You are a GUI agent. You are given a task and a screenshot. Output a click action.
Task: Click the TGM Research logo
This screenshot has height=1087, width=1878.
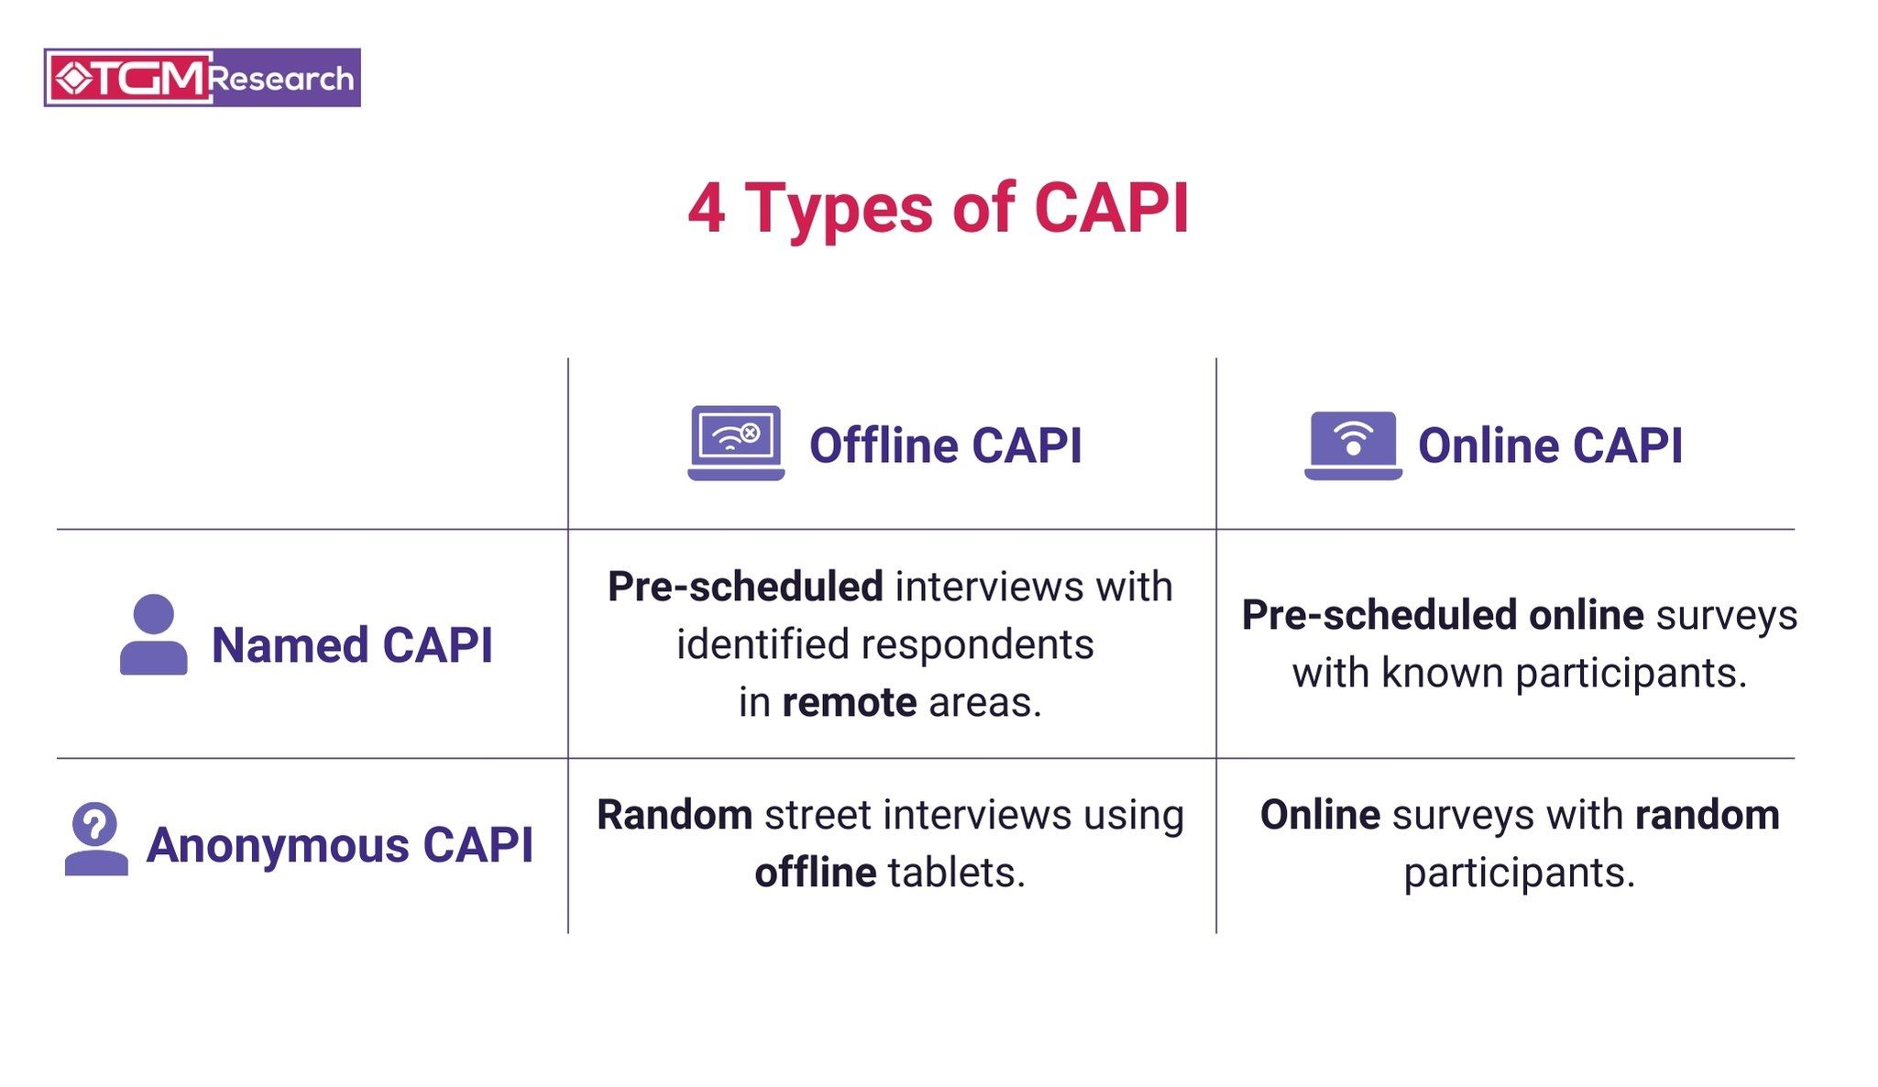(x=202, y=78)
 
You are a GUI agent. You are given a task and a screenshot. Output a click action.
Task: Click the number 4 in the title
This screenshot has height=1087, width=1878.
(x=707, y=209)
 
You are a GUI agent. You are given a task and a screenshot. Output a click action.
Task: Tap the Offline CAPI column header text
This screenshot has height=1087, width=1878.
(x=945, y=446)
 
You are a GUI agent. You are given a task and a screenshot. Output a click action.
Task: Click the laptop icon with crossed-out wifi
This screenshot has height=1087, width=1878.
(x=736, y=443)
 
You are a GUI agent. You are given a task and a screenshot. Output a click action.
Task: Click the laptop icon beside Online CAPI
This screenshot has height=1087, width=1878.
(x=1353, y=445)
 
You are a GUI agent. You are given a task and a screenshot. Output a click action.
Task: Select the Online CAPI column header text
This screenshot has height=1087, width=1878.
(x=1550, y=446)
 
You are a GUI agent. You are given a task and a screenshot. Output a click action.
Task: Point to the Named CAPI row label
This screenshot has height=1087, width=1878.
(x=352, y=645)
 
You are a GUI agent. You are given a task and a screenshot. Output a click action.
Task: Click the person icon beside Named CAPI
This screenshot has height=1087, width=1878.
(x=153, y=634)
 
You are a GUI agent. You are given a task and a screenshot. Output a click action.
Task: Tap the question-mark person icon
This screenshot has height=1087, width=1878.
(x=96, y=839)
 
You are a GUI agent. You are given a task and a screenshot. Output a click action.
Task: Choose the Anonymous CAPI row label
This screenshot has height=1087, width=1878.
(x=339, y=845)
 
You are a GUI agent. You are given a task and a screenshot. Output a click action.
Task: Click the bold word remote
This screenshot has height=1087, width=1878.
(x=849, y=703)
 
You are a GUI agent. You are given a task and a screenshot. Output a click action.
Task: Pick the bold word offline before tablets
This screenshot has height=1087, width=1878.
(x=815, y=873)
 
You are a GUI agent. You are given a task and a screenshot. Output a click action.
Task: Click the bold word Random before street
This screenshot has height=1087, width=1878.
(x=675, y=815)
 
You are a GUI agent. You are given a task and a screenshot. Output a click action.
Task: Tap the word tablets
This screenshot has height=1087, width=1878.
(x=956, y=873)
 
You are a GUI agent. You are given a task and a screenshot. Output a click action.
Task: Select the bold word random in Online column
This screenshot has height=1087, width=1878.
(x=1707, y=815)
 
